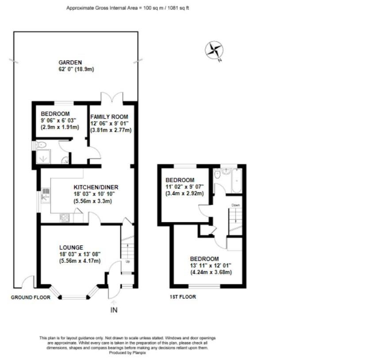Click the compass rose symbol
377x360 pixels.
tap(214, 50)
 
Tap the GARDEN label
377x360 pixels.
tap(71, 63)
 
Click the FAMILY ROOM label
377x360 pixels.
tap(109, 116)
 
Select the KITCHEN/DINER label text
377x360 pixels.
tap(96, 188)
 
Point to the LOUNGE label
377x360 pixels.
tap(71, 248)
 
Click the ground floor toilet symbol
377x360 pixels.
tap(42, 145)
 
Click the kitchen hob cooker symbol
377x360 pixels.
tap(65, 218)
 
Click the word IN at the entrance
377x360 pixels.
tap(114, 310)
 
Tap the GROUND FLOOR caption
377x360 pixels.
tap(30, 298)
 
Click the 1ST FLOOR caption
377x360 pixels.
tap(183, 297)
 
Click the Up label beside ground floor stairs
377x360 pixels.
tap(128, 261)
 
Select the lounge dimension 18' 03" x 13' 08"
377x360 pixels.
tap(80, 254)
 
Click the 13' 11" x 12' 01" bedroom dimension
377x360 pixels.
tap(210, 265)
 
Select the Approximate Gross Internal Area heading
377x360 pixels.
tap(128, 8)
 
